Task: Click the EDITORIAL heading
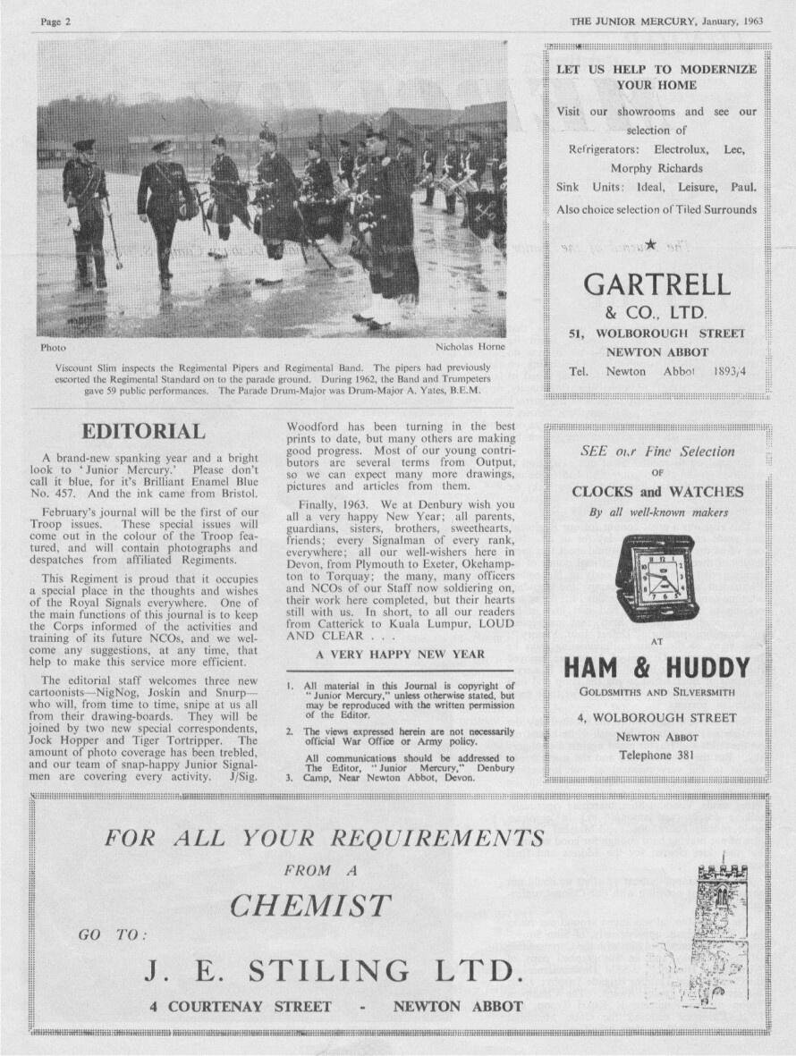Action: pyautogui.click(x=143, y=431)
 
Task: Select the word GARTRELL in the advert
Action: pyautogui.click(x=656, y=284)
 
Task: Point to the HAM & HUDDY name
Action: pyautogui.click(x=656, y=667)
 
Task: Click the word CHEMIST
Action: pyautogui.click(x=310, y=906)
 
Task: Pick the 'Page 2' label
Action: pyautogui.click(x=55, y=21)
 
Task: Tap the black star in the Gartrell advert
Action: pyautogui.click(x=650, y=244)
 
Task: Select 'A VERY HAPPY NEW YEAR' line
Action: pyautogui.click(x=400, y=655)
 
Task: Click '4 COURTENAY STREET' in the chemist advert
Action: pyautogui.click(x=240, y=1006)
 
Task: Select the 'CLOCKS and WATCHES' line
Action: pyautogui.click(x=656, y=492)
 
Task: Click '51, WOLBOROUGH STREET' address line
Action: pyautogui.click(x=656, y=334)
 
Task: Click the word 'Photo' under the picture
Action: pyautogui.click(x=54, y=347)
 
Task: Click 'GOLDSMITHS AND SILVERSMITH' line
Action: pyautogui.click(x=656, y=692)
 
